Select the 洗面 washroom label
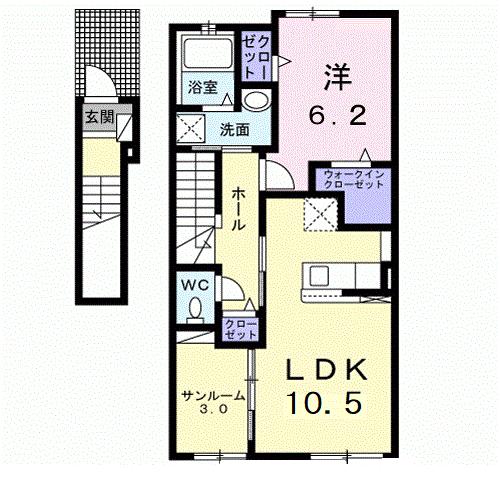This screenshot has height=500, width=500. pos(235,130)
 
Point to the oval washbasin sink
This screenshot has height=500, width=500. pos(256,101)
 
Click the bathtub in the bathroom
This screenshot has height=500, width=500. pos(208,54)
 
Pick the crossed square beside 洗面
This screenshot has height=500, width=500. pos(189,127)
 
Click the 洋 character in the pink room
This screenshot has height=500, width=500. pos(335,74)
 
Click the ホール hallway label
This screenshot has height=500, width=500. pos(239,207)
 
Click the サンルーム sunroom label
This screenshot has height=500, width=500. pos(212,396)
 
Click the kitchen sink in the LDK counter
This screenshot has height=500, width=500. pos(325,274)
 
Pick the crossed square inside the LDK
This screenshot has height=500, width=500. pos(322,213)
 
